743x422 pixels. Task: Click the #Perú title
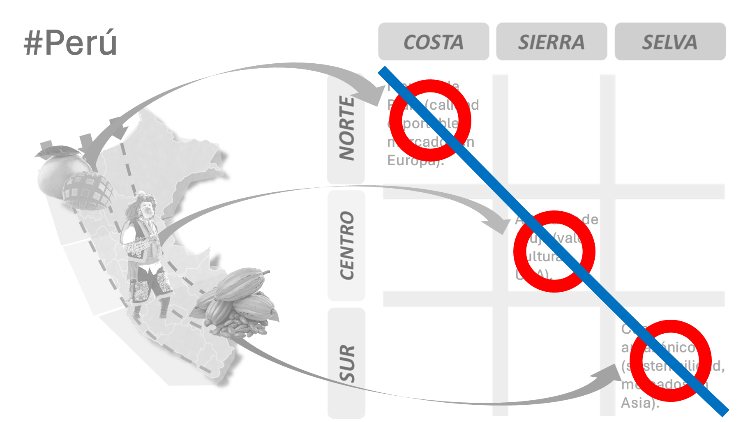70,43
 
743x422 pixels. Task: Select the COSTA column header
434,42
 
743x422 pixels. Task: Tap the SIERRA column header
551,42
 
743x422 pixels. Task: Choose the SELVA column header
670,42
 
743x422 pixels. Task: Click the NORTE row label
346,128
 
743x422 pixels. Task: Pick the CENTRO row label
346,245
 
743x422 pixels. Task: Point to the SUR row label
346,363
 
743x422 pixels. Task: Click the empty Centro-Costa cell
438,245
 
